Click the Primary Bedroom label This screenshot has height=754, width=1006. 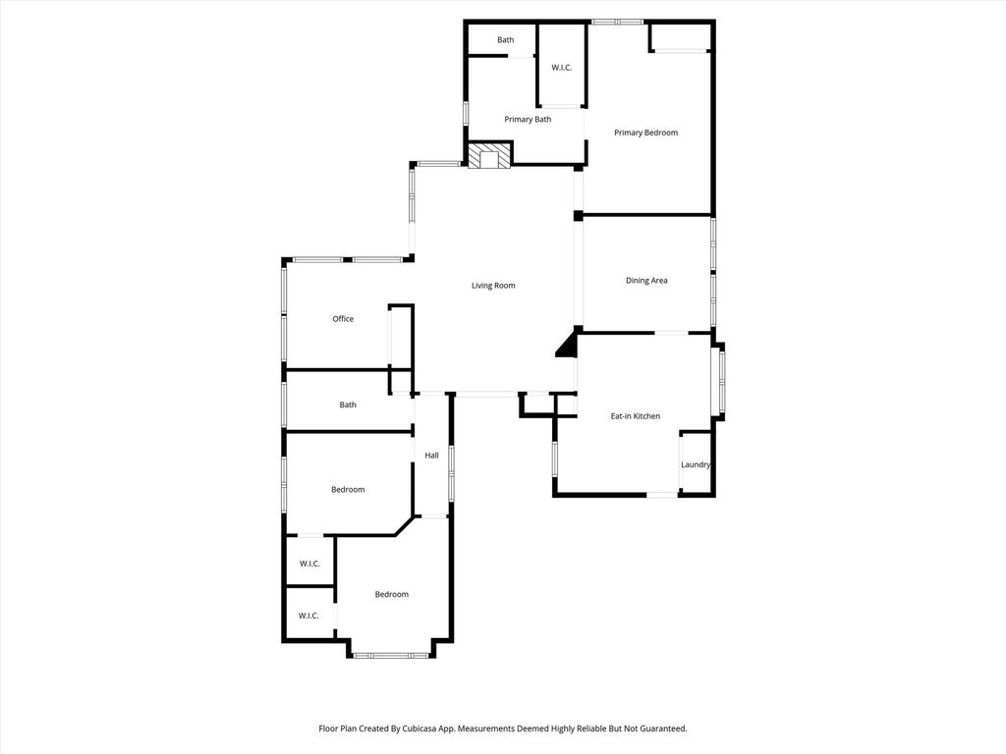pos(645,133)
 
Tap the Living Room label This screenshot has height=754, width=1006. pos(493,286)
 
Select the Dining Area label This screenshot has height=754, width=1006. pos(646,280)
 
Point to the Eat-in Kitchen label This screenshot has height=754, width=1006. pos(636,416)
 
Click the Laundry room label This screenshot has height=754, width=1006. pos(696,464)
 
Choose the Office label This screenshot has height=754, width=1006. pos(343,319)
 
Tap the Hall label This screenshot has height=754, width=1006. pos(432,456)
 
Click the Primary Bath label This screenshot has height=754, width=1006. pos(528,119)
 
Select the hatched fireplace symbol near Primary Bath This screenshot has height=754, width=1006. pos(489,156)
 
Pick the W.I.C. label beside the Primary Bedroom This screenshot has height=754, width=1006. pos(561,68)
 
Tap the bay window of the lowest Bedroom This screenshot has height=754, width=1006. pos(391,655)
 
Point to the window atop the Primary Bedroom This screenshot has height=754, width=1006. pos(617,22)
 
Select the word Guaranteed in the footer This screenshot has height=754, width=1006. pos(665,728)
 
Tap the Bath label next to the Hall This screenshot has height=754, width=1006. pos(348,404)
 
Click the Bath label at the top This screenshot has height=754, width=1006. pos(506,39)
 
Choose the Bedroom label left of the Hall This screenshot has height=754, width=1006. pos(348,490)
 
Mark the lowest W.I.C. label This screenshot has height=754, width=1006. pos(308,616)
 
